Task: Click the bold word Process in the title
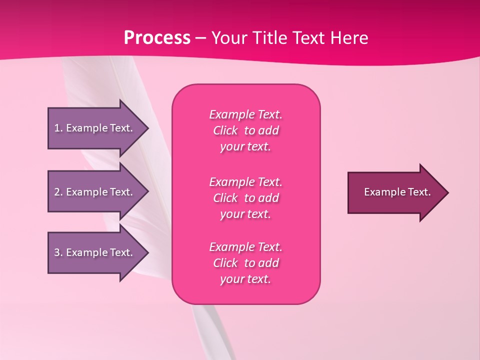(x=157, y=38)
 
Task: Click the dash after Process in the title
(x=201, y=38)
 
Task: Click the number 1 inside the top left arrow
(x=57, y=128)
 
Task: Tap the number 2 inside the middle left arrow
(x=57, y=192)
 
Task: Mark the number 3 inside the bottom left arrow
(x=57, y=252)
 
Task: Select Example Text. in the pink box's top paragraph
(x=245, y=114)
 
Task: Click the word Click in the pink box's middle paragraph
(x=225, y=198)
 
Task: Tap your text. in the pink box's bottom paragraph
(x=245, y=279)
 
